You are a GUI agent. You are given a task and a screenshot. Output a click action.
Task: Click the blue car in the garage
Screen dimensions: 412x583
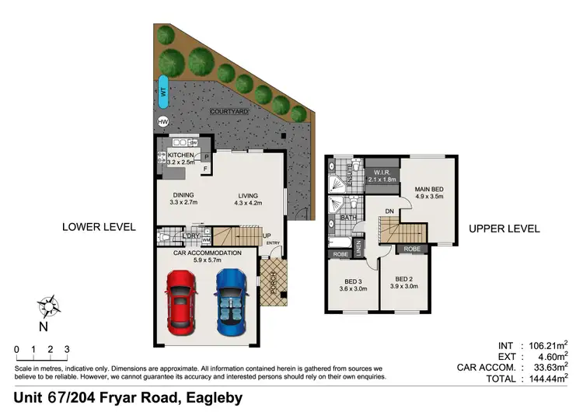tap(231, 301)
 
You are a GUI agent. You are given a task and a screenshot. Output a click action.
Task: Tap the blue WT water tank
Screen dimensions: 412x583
tap(163, 92)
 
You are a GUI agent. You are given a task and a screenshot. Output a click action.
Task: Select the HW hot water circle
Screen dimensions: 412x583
tap(163, 122)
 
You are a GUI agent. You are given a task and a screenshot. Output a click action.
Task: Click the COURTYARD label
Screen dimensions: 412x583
tap(229, 112)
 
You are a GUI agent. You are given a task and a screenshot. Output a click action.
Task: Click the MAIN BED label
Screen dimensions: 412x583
tap(428, 189)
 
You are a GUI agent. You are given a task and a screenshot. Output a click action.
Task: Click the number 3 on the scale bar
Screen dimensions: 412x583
tap(68, 349)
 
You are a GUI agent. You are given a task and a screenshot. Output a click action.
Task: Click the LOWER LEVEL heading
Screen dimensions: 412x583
tap(99, 228)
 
